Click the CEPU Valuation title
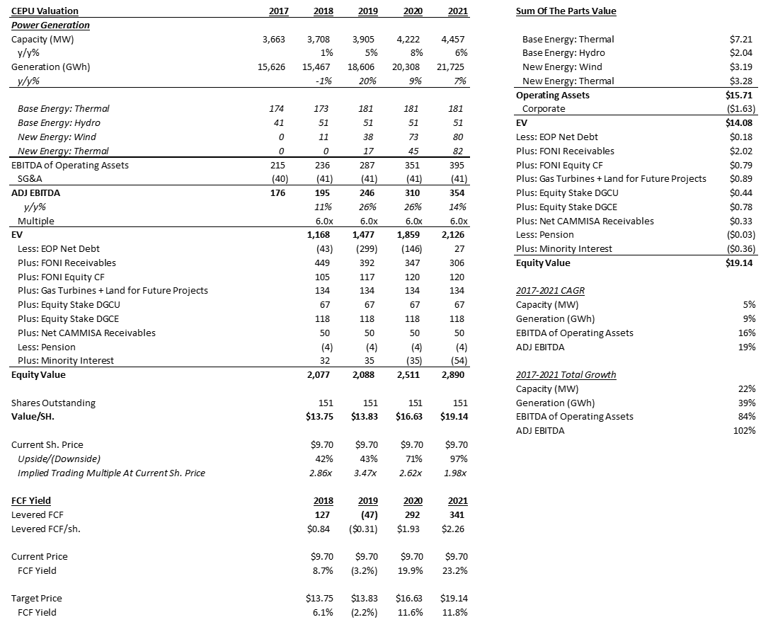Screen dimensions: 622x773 click(x=45, y=11)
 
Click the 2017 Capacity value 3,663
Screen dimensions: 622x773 click(x=273, y=40)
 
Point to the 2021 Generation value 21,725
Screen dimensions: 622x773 click(x=453, y=67)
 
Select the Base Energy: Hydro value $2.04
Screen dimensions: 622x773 click(x=743, y=53)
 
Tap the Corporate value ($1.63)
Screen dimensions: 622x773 click(x=740, y=109)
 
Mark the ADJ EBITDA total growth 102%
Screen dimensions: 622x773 click(x=745, y=430)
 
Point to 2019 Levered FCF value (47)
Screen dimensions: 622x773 click(x=366, y=514)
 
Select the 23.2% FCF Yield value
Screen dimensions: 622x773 click(x=454, y=570)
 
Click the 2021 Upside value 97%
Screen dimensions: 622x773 click(x=457, y=459)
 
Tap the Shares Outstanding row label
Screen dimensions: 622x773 click(x=53, y=403)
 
